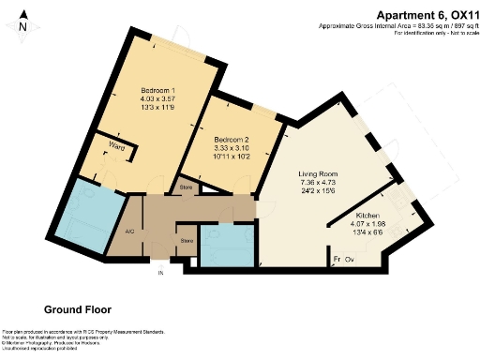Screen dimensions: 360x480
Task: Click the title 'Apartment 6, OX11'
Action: coord(420,14)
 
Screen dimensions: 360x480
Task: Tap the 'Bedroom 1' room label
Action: coord(131,90)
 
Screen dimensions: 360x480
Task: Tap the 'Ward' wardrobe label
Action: coord(118,146)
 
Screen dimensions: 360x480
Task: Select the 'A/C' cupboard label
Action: coord(118,228)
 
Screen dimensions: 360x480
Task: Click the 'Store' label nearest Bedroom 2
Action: coord(186,189)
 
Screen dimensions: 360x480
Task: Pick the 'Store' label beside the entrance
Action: coord(186,241)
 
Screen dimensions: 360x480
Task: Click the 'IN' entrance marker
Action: coord(159,273)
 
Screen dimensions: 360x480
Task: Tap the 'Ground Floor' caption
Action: coord(78,308)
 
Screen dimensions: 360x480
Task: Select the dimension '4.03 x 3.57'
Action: coord(131,99)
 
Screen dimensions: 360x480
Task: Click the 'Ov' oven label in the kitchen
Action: coord(349,259)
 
